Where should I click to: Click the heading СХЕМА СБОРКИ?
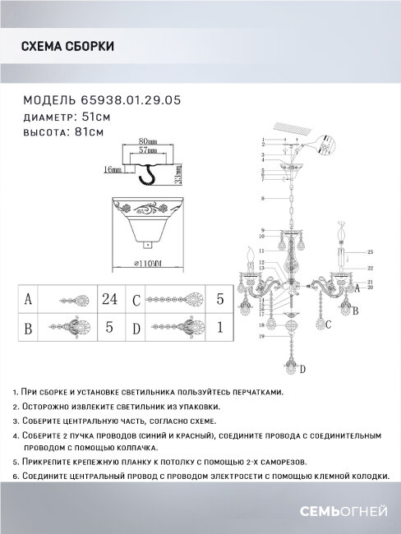point(67,47)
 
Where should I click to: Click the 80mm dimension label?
point(148,141)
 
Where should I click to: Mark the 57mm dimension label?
point(148,152)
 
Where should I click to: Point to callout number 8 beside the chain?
point(261,199)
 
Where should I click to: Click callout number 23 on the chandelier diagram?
point(371,251)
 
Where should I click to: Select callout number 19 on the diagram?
point(260,337)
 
